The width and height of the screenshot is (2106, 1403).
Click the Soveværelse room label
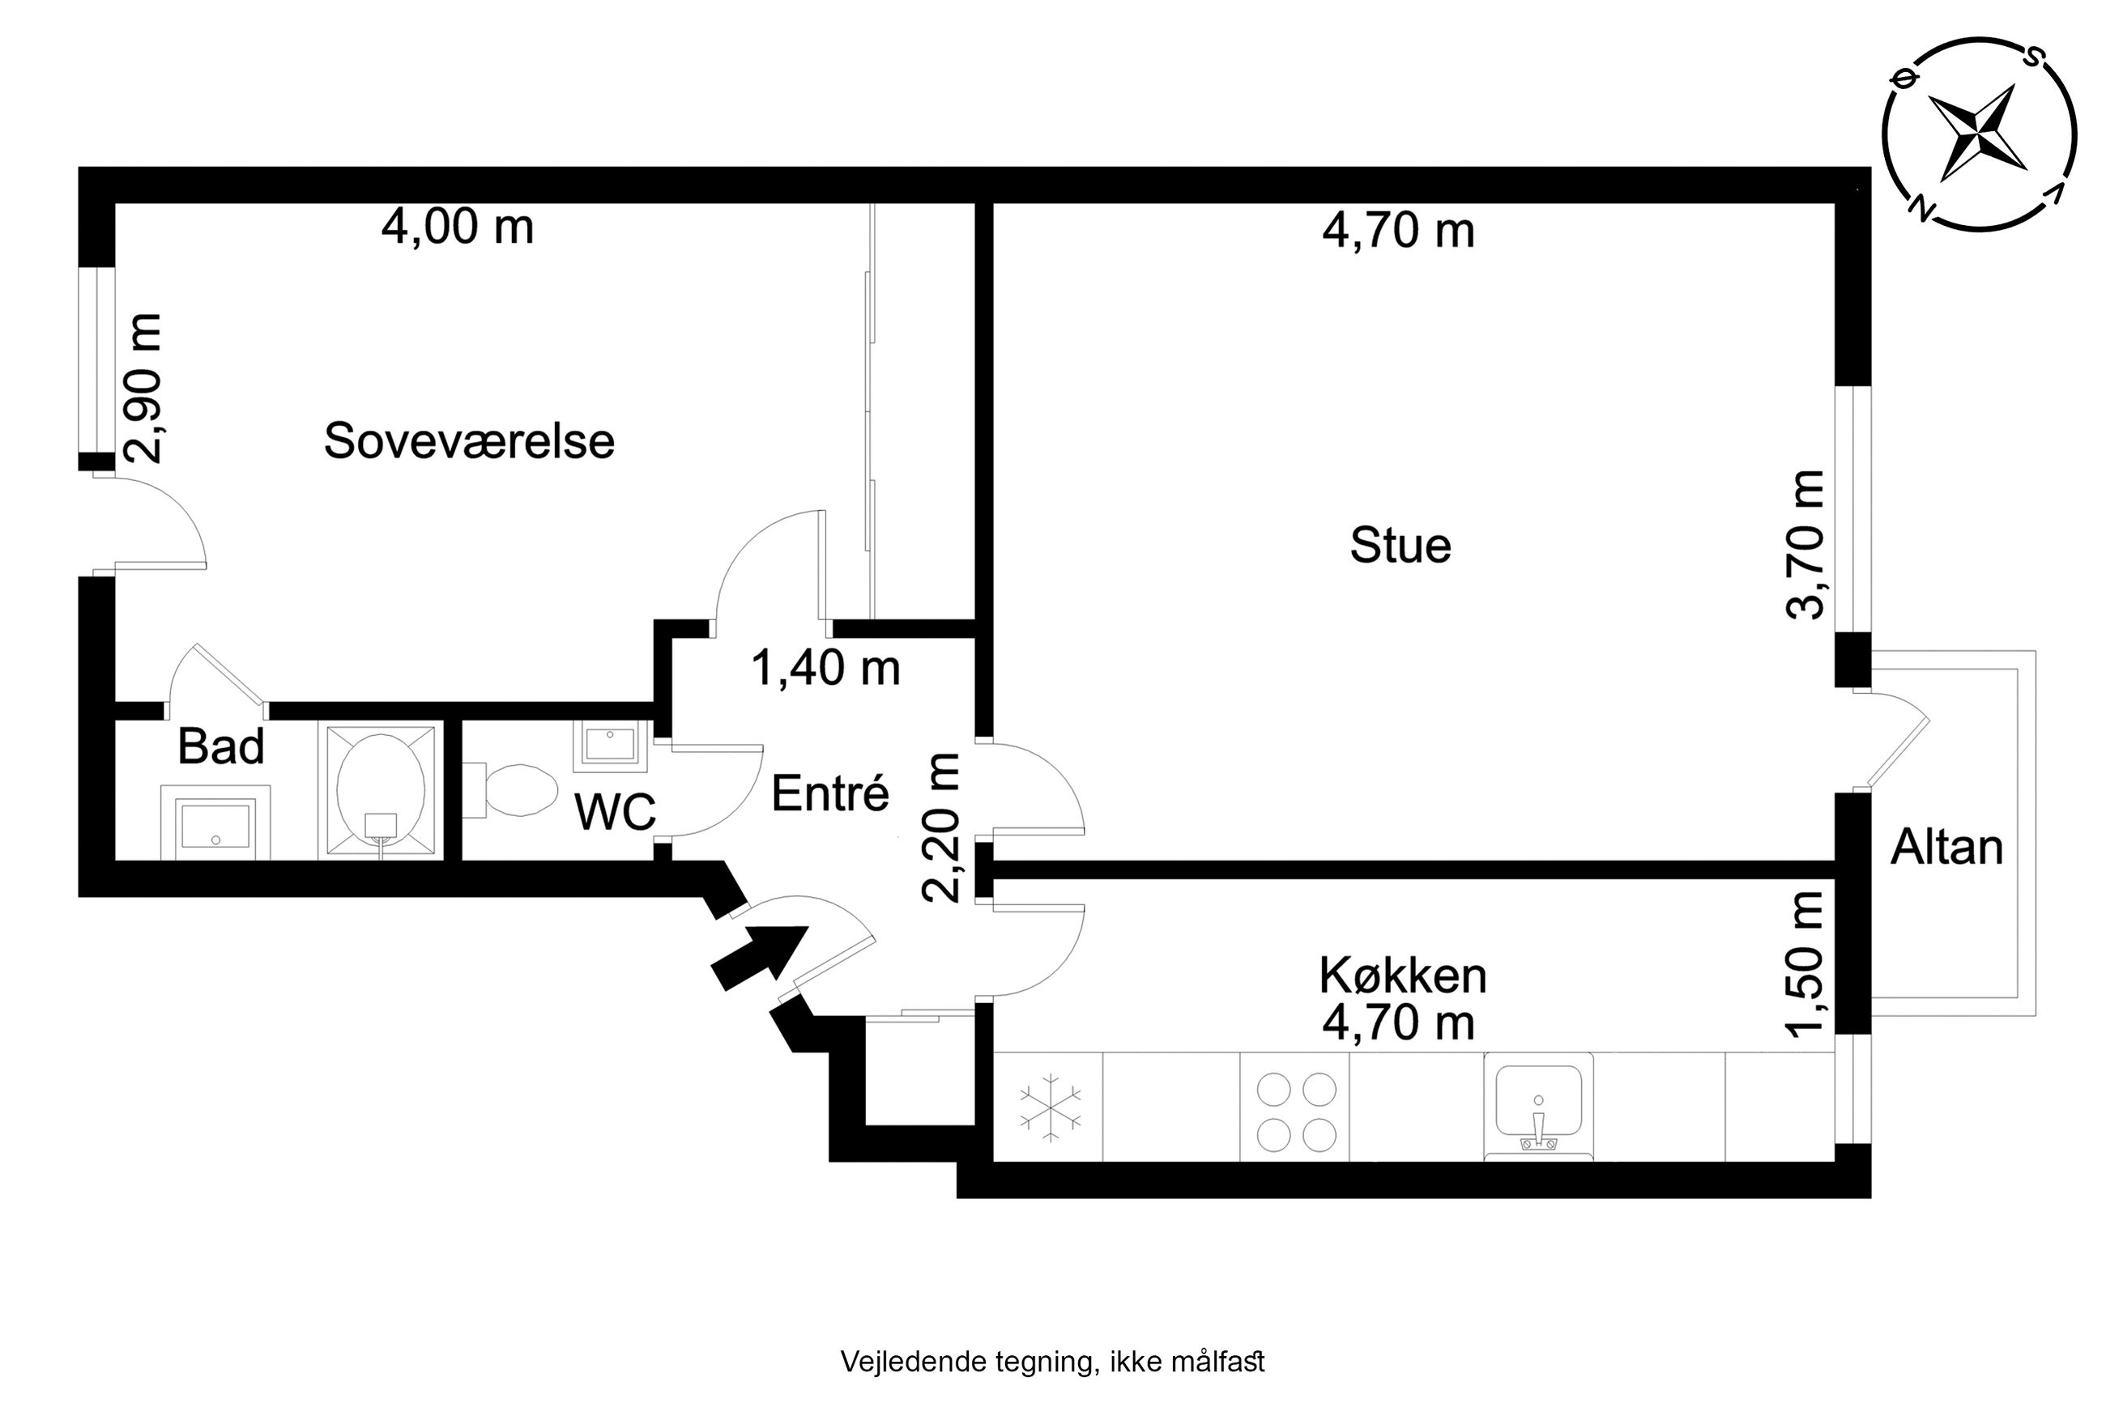pyautogui.click(x=469, y=441)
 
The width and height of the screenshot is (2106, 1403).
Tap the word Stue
pyautogui.click(x=1400, y=545)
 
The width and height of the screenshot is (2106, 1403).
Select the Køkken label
pyautogui.click(x=1402, y=976)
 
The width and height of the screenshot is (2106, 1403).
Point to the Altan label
pyautogui.click(x=1946, y=847)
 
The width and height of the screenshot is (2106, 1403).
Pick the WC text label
pyautogui.click(x=615, y=811)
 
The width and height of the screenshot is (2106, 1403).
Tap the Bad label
pyautogui.click(x=221, y=746)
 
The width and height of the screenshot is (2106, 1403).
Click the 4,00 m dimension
pyautogui.click(x=458, y=227)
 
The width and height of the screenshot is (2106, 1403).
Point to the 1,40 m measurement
pyautogui.click(x=825, y=668)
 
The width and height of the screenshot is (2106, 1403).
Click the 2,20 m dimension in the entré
pyautogui.click(x=940, y=827)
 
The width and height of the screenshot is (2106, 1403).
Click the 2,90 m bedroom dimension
pyautogui.click(x=143, y=389)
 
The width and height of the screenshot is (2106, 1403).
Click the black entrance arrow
pyautogui.click(x=759, y=956)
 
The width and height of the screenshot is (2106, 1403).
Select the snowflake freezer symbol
pyautogui.click(x=1050, y=1107)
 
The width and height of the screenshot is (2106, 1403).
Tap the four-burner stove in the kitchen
pyautogui.click(x=1296, y=1112)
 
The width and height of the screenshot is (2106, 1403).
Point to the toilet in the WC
pyautogui.click(x=509, y=789)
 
